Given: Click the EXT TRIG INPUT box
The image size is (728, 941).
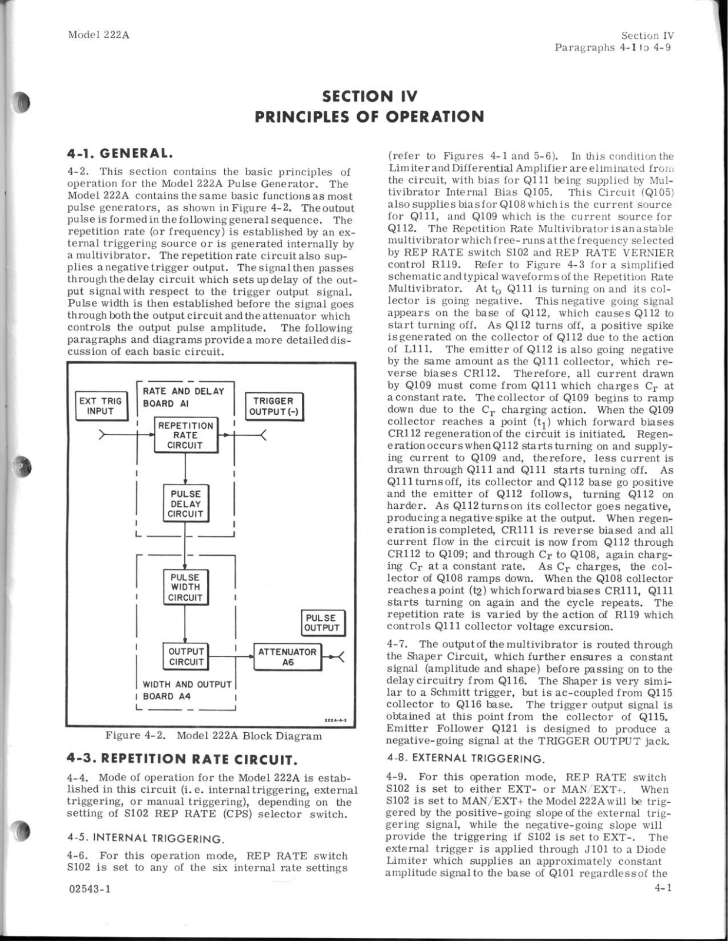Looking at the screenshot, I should [x=100, y=406].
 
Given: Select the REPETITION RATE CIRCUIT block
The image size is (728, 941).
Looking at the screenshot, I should [x=185, y=435].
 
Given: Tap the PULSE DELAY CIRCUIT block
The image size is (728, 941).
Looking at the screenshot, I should [x=185, y=504].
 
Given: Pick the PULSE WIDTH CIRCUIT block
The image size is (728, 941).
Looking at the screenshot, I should [x=185, y=588].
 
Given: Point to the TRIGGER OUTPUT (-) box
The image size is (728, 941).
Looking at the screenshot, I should [x=274, y=406].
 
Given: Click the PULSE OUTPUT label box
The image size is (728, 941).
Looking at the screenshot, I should [x=323, y=623].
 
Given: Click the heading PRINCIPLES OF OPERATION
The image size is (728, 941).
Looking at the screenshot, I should [x=370, y=116].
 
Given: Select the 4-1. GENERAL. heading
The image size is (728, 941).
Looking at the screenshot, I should [x=120, y=154].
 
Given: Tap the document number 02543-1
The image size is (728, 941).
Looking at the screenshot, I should [x=89, y=889].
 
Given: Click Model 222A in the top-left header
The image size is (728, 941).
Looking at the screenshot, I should [x=98, y=35].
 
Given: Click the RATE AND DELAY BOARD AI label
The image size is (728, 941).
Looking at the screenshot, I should [x=183, y=398].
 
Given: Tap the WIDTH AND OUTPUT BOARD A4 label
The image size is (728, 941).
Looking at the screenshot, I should [x=187, y=690].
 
